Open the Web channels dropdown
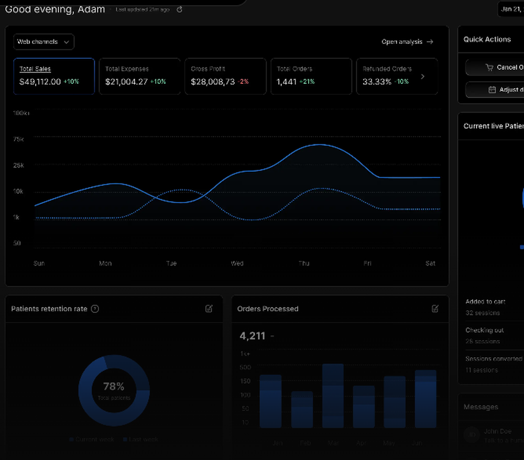coord(43,42)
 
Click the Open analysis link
coord(407,42)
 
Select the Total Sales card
coord(54,76)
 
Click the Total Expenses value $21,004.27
coord(126,82)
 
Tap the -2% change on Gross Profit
coord(243,82)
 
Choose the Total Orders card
coord(311,76)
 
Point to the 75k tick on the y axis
coord(18,139)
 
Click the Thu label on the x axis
coord(304,264)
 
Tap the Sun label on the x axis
coord(39,264)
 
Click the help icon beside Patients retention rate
coord(95,309)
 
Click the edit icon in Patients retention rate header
coord(209,309)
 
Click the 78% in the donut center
coord(114,387)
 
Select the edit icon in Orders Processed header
coord(435,309)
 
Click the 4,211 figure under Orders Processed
coord(253,336)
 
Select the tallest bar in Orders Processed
coord(333,396)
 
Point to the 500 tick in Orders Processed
coord(245,367)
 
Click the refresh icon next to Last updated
coord(180,9)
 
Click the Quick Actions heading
coord(487,39)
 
